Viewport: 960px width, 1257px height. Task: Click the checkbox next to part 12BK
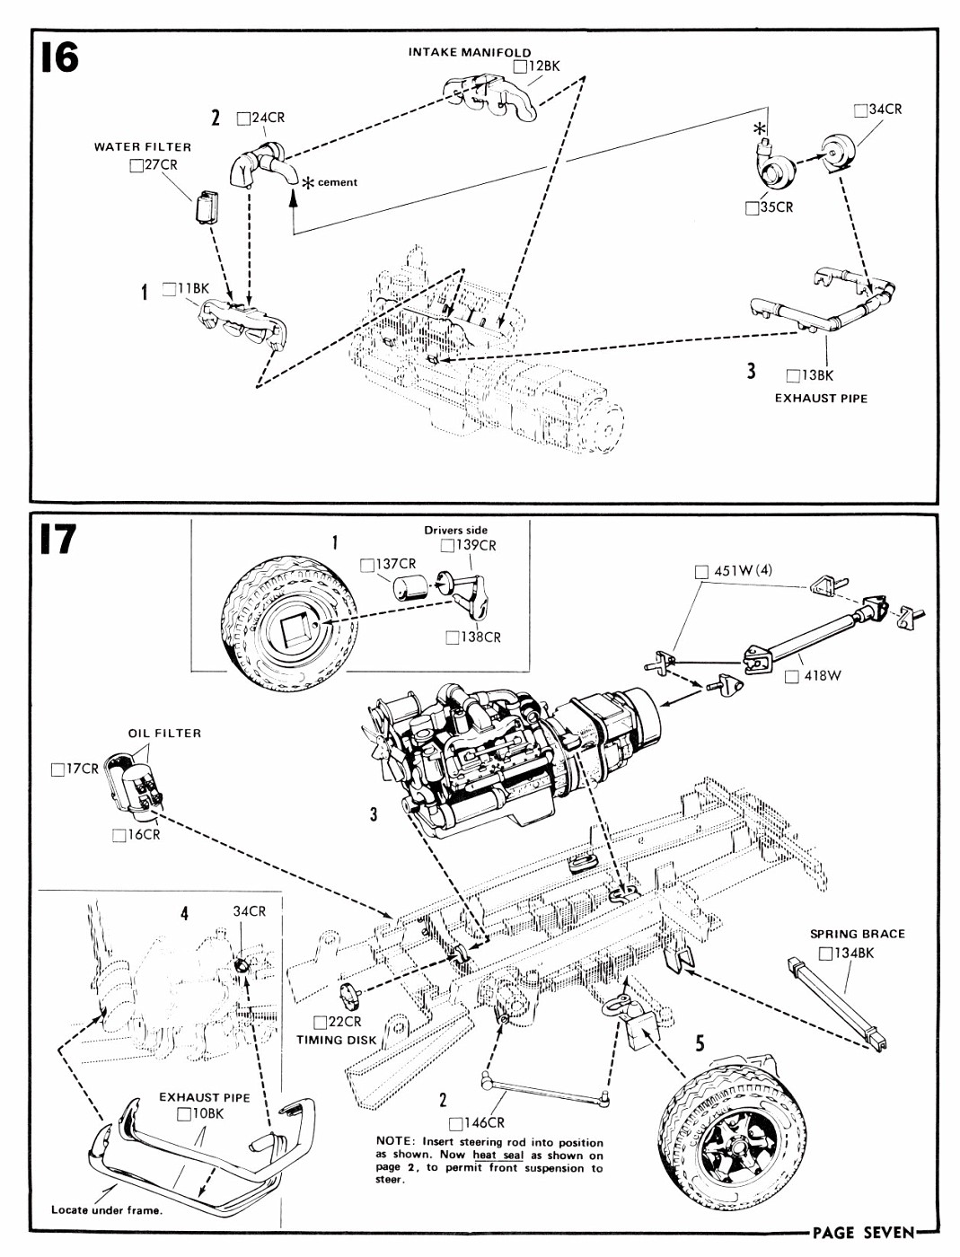click(521, 66)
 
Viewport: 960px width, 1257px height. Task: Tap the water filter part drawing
click(207, 207)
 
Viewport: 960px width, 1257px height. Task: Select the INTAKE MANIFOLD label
click(470, 52)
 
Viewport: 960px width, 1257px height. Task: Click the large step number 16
click(59, 58)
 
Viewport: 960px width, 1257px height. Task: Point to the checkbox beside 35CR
click(753, 207)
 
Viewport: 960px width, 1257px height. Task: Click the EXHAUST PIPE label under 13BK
click(821, 398)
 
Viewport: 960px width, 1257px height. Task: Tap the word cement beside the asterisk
click(337, 182)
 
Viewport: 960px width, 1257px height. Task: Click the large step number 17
click(57, 540)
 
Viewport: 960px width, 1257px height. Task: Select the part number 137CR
click(396, 564)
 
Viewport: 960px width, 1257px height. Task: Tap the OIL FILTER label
click(164, 733)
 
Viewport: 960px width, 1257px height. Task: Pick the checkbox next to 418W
click(791, 676)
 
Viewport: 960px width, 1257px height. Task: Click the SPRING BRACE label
click(857, 934)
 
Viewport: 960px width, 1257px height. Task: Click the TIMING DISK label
click(337, 1040)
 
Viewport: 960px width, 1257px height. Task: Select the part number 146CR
click(484, 1122)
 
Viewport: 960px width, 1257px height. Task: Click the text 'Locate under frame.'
click(107, 1209)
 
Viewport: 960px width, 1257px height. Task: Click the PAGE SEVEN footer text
click(863, 1233)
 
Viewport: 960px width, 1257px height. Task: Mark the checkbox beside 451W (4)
click(701, 571)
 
